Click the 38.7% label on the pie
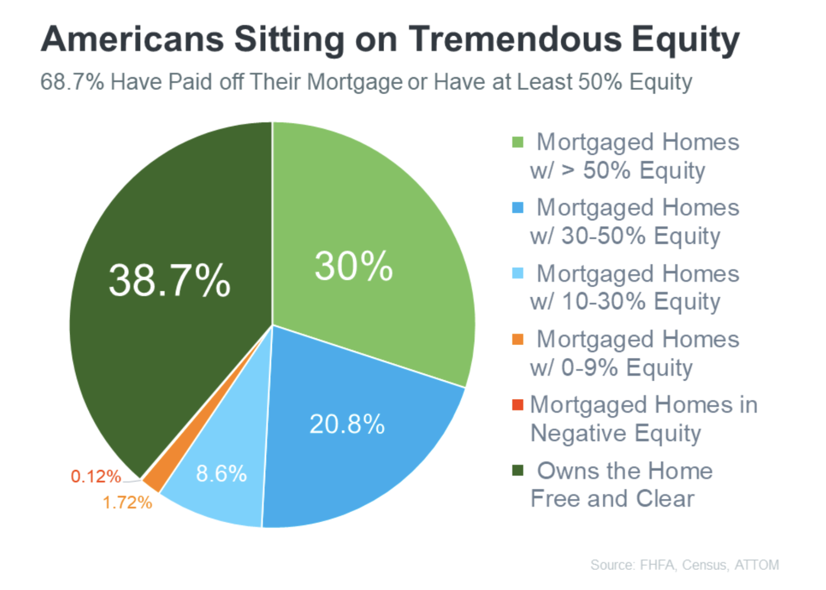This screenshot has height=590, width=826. click(x=169, y=281)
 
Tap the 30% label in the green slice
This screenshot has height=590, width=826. click(x=354, y=266)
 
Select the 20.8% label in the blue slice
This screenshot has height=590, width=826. click(x=347, y=424)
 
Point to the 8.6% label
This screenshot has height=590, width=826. click(x=221, y=474)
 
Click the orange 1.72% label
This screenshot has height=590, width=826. click(x=128, y=503)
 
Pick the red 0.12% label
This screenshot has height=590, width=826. click(x=96, y=476)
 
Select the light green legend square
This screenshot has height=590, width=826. click(x=517, y=142)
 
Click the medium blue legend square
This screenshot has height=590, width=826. click(x=517, y=208)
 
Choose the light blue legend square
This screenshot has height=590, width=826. click(x=517, y=273)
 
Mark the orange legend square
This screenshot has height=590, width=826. click(x=517, y=339)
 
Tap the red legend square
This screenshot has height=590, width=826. click(x=517, y=405)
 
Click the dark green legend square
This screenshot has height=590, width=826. click(x=517, y=470)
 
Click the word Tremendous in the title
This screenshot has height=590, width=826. click(x=515, y=39)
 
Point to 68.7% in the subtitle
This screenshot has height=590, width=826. click(x=72, y=82)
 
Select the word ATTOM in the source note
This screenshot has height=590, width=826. click(x=757, y=565)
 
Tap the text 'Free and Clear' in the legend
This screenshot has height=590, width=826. click(x=613, y=499)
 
